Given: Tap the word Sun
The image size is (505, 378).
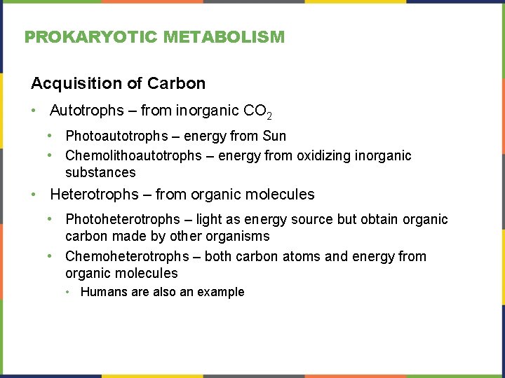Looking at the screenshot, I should [x=274, y=136].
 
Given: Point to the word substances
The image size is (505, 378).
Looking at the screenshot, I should [x=100, y=172].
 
